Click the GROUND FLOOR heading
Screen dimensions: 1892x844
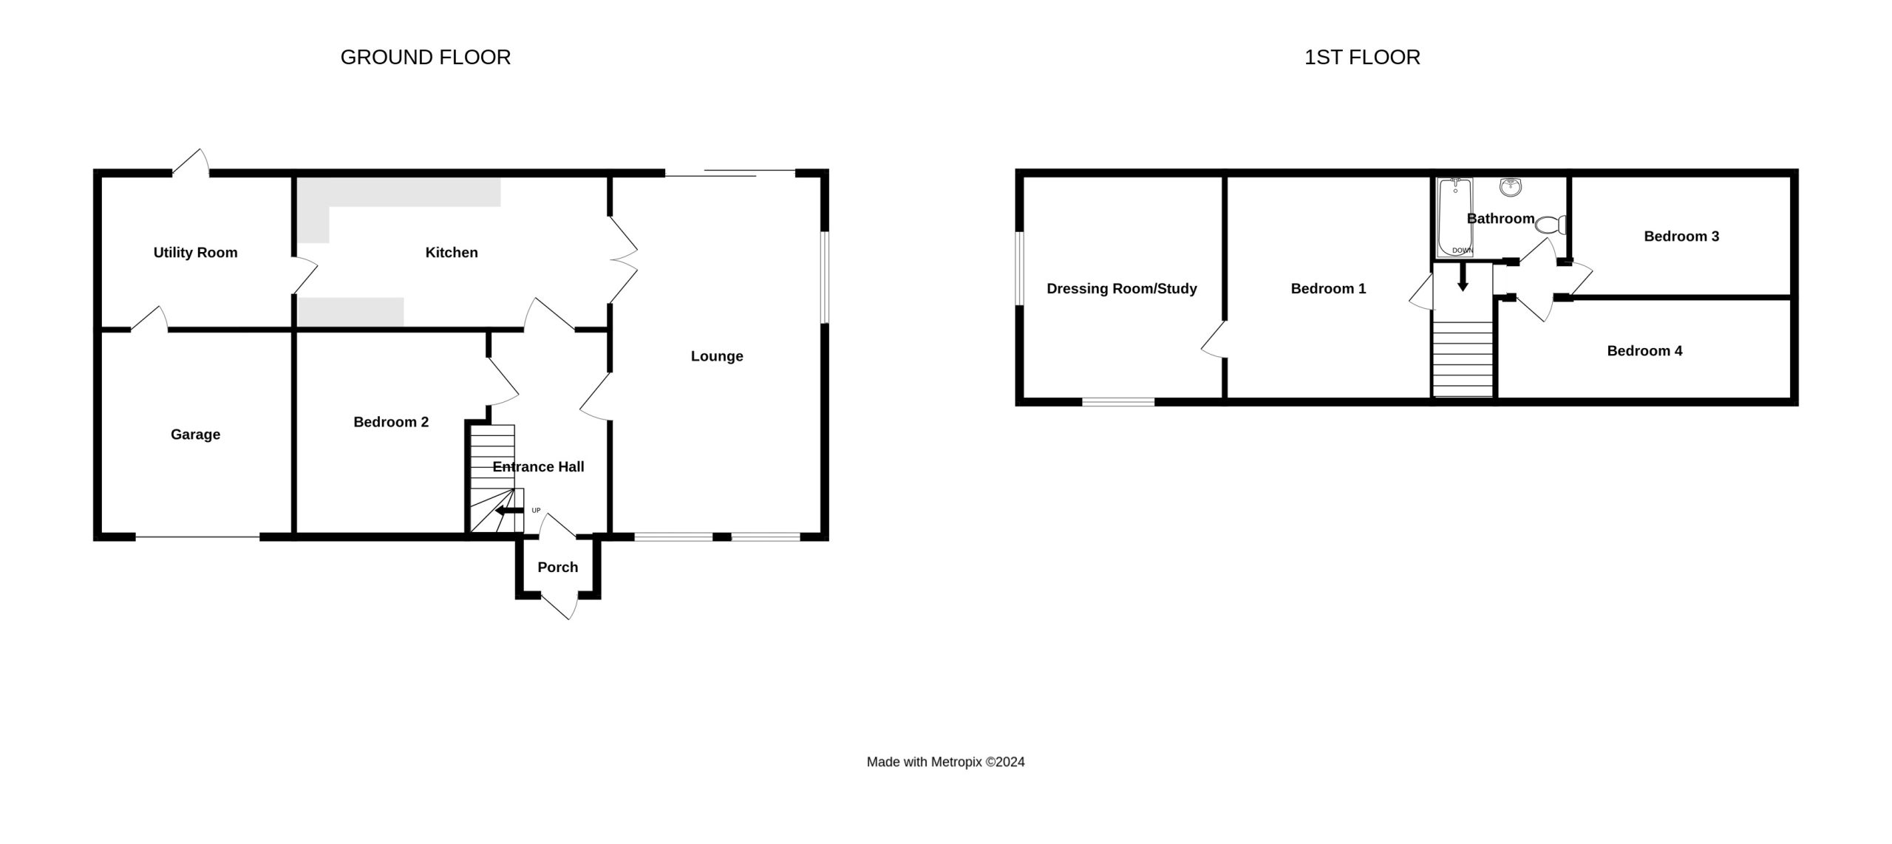[x=425, y=58]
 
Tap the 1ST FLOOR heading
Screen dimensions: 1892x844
[x=1362, y=58]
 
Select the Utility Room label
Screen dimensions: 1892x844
[x=195, y=253]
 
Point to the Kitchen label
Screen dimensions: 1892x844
[x=452, y=253]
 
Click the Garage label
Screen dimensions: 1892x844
[x=195, y=435]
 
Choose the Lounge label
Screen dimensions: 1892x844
[x=717, y=356]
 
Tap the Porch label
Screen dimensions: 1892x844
[x=558, y=567]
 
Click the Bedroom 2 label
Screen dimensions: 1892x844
[x=391, y=422]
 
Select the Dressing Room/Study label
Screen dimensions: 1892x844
[x=1122, y=289]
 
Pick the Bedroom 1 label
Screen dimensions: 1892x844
[x=1328, y=289]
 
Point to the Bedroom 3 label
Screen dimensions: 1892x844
[x=1681, y=236]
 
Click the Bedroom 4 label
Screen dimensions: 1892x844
[x=1644, y=351]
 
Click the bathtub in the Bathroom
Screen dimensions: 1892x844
[x=1455, y=217]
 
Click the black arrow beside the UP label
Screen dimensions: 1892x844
[x=509, y=511]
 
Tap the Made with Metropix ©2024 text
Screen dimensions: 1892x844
[x=945, y=762]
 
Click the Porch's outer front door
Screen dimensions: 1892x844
[x=559, y=605]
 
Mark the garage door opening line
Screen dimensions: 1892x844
[x=197, y=537]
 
